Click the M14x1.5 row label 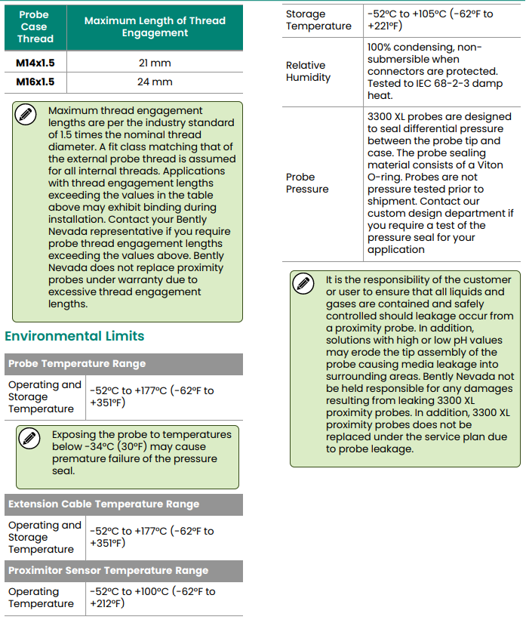pos(35,62)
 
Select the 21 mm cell pos(154,62)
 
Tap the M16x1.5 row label pos(35,82)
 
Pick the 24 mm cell pos(154,82)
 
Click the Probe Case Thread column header pos(35,27)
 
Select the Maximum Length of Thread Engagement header pos(155,27)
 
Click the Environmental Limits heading pos(74,336)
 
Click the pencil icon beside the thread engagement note pos(26,115)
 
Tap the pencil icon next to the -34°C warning pos(29,439)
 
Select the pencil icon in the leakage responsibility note pos(303,284)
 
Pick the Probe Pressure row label pos(307,183)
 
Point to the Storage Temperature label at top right pos(318,20)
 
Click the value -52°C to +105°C pos(430,14)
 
